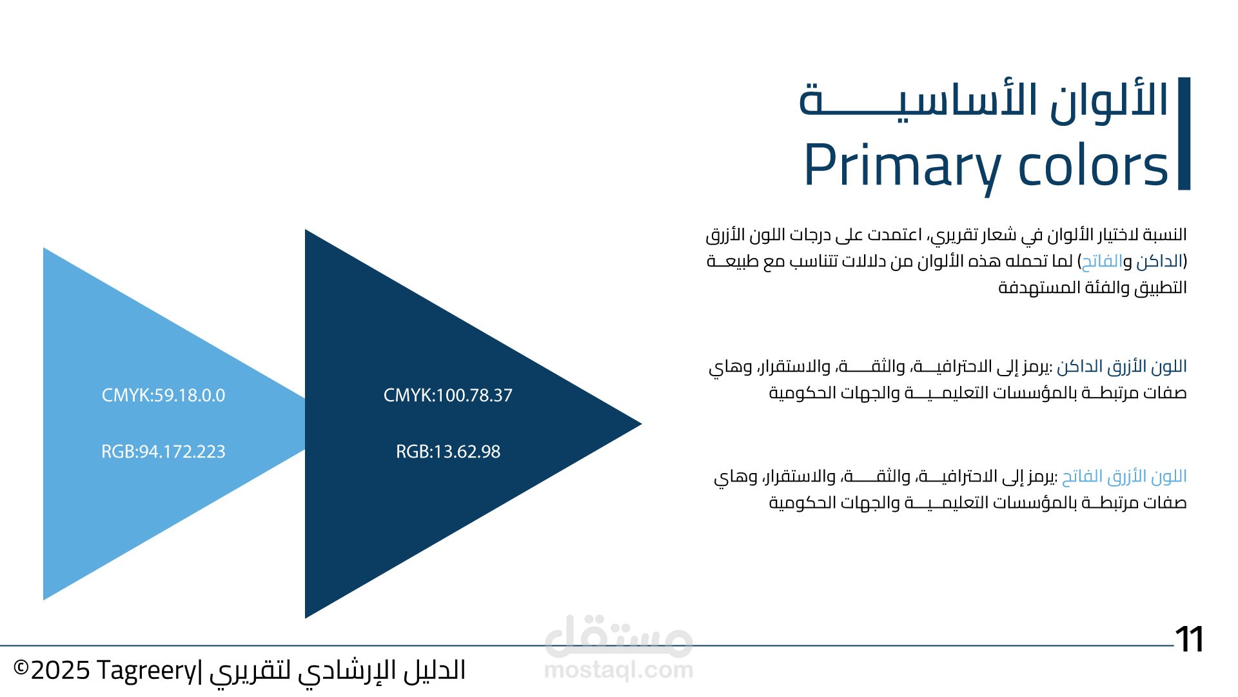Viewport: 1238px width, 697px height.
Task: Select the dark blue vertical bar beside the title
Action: (x=1184, y=134)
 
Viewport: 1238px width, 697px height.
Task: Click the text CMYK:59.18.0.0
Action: (x=163, y=396)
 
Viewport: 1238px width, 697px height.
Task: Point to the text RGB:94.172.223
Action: (x=163, y=452)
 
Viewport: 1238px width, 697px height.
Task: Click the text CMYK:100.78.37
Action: (x=448, y=396)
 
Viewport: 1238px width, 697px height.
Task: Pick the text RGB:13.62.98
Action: (x=448, y=452)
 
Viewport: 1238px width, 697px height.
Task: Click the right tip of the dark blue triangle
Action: (x=642, y=424)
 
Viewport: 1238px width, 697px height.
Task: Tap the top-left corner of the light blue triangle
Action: (x=43, y=248)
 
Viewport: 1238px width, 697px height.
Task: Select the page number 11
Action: (x=1189, y=640)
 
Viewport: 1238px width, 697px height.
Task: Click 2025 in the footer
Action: (x=60, y=671)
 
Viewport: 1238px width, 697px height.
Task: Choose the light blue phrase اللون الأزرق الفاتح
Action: (x=1125, y=477)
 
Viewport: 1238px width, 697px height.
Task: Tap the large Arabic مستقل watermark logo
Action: (x=618, y=635)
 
